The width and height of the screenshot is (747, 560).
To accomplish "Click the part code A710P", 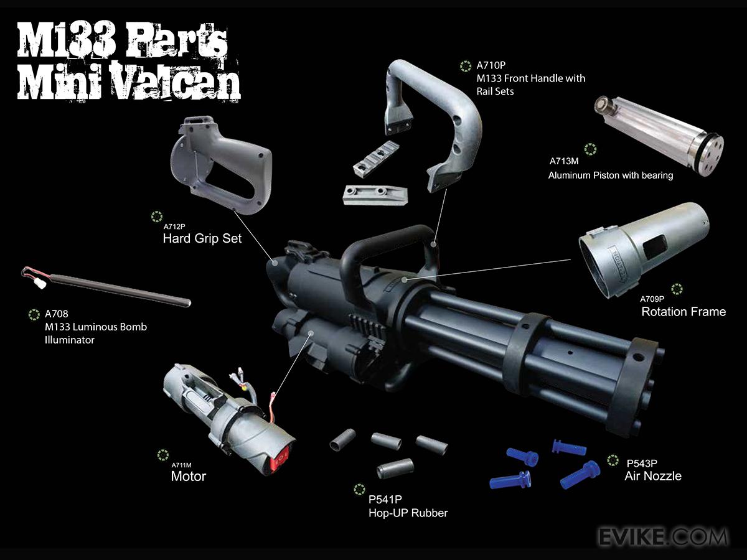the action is [491, 65].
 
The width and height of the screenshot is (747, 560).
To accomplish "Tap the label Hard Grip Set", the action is [202, 238].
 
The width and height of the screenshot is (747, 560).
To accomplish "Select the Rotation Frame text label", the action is [684, 312].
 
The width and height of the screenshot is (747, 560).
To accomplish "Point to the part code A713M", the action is [564, 161].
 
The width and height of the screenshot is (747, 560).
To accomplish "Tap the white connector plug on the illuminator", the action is [40, 284].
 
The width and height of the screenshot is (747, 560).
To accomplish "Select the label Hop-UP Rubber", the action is [408, 513].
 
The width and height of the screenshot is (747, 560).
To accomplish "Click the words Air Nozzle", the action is [653, 476].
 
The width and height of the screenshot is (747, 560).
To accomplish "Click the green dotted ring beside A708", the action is [34, 314].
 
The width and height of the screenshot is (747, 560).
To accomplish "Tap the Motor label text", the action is [188, 476].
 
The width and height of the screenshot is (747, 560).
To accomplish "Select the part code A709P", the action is [652, 299].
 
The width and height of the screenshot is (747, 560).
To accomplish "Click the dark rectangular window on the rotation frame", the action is [654, 246].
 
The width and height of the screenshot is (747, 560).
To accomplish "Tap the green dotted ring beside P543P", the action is [613, 460].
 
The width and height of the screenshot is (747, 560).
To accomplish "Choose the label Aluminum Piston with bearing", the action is [611, 175].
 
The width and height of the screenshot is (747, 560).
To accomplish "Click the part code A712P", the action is [174, 226].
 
